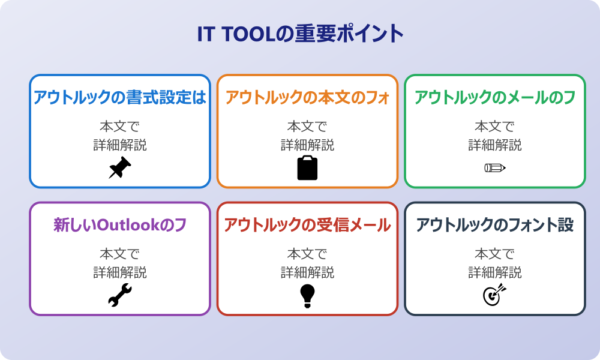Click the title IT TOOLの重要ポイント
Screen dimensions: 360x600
tap(300, 34)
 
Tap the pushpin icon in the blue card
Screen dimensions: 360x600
tap(120, 168)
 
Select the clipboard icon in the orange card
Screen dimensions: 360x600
tap(307, 168)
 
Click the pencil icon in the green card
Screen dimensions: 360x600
tap(495, 168)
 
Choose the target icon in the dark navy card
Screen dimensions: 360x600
tap(495, 295)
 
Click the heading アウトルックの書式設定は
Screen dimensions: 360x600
tap(120, 97)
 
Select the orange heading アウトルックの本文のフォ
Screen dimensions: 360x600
tap(307, 97)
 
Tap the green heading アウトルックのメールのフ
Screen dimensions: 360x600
tap(495, 97)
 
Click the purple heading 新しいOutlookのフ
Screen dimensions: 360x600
tap(120, 226)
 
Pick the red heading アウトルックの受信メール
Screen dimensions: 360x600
tap(307, 226)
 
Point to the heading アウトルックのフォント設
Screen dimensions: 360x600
tap(495, 226)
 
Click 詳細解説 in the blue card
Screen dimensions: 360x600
tap(120, 145)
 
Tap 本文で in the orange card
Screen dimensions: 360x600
tap(307, 127)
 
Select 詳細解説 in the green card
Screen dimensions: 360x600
tap(495, 145)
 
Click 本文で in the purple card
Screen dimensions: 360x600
tap(120, 254)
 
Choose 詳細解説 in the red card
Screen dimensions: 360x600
tap(307, 273)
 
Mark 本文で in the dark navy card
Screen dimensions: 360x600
tap(495, 254)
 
